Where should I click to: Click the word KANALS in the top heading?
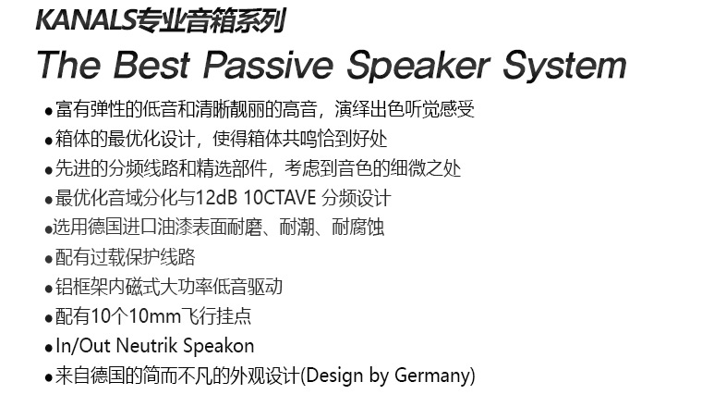coord(85,20)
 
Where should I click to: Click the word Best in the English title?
coord(151,65)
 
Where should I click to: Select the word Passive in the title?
coord(268,65)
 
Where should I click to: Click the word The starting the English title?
coord(69,65)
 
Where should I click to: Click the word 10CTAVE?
coord(280,198)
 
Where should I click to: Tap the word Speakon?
coord(219,347)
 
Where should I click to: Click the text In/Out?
coord(83,346)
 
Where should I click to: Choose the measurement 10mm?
coord(154,316)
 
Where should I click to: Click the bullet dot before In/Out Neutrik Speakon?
coord(49,348)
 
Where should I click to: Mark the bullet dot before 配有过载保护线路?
coord(49,260)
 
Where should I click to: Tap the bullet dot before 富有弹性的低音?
coord(49,111)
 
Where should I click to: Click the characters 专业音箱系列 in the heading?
coord(211,21)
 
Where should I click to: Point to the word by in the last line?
coord(379,376)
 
